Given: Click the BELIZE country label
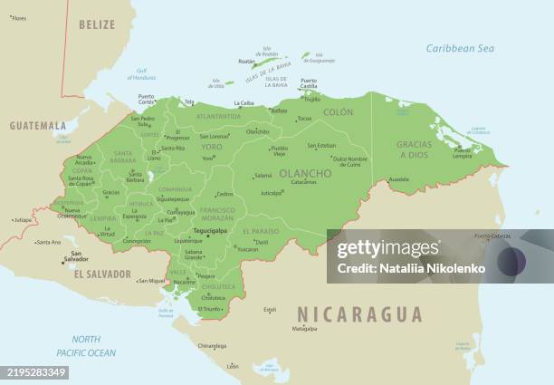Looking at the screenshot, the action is point(97,24).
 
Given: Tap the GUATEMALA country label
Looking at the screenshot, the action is point(38,125).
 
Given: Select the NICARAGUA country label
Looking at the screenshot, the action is point(359,314).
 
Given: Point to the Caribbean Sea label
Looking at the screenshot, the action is point(460,48).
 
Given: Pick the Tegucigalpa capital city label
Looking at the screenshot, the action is point(209,230).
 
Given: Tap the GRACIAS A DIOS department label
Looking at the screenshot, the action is point(415,149).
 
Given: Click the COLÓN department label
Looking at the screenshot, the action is point(338,112).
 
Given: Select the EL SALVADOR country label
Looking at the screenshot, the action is point(102,274).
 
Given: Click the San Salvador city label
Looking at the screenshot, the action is point(75,256).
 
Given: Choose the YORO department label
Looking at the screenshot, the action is point(212,145).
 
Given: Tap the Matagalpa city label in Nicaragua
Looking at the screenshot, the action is point(304,329).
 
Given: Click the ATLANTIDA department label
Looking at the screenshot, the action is point(218,116).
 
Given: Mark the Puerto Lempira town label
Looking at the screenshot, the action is point(463,153).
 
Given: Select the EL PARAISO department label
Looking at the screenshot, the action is point(260,231).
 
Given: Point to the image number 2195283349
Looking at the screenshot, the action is point(34,372).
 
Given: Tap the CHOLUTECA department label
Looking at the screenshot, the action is point(218,286).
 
